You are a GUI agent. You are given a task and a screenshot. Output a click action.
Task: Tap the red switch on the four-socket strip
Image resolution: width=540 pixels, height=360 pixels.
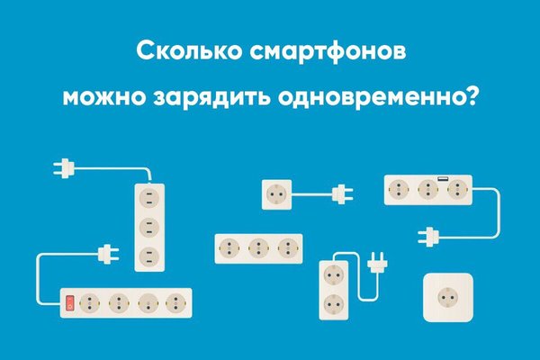[x=69, y=302]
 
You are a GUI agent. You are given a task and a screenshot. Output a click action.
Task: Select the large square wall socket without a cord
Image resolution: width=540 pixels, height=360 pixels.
[x=449, y=296]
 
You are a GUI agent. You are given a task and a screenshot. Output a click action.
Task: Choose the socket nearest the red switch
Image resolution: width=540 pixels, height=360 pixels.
[x=90, y=302]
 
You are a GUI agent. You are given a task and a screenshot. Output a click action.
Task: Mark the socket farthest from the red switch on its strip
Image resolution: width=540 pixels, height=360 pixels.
[x=173, y=302]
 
